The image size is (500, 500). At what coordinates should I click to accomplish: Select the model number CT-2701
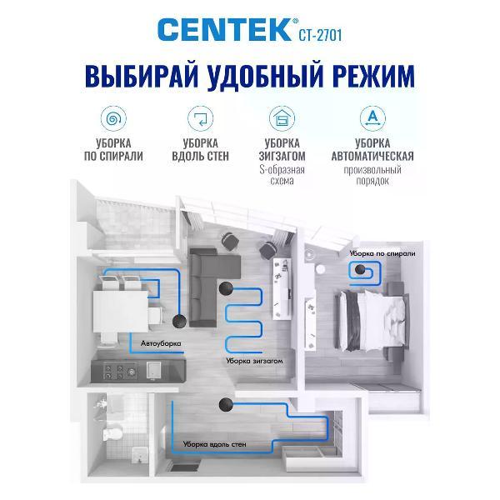tap(320, 35)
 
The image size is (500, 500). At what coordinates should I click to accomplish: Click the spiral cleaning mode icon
tap(113, 118)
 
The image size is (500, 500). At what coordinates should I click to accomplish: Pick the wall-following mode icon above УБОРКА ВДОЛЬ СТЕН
tap(200, 118)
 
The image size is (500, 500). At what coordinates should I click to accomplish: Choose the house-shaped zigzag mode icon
tap(282, 118)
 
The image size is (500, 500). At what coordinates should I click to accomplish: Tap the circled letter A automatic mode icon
tap(372, 118)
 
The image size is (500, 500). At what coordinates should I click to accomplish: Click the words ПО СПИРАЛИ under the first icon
tap(113, 157)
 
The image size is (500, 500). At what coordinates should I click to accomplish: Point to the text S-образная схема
tap(282, 175)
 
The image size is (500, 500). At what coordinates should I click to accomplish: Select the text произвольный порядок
tap(372, 175)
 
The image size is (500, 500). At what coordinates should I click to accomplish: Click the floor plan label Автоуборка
tap(161, 343)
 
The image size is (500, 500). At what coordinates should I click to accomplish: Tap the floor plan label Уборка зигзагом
tap(254, 362)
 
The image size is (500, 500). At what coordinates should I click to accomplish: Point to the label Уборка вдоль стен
tap(215, 444)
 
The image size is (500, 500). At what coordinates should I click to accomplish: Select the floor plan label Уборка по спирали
tap(382, 253)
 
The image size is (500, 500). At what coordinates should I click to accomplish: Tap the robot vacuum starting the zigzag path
tap(226, 289)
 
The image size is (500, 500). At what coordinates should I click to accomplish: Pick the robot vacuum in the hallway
tap(226, 405)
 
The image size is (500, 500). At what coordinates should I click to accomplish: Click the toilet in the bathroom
tap(112, 433)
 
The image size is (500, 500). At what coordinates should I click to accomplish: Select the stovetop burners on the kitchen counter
tap(121, 372)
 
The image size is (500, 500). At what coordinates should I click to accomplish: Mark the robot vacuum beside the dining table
tap(179, 321)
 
